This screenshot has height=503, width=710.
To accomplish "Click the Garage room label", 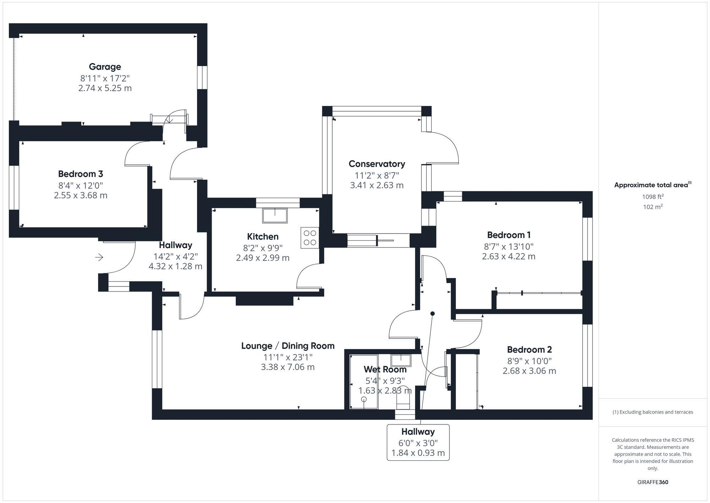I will coord(105,67).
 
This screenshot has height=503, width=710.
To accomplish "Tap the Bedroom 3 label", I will coord(81,174).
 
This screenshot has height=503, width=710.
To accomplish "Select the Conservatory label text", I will coord(377,164).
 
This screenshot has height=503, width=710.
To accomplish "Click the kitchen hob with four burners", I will coord(310,237).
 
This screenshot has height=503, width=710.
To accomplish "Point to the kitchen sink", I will coord(275,215).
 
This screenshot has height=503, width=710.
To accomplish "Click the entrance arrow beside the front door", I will coord(99,257).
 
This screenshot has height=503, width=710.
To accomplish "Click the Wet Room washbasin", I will coord(401,360).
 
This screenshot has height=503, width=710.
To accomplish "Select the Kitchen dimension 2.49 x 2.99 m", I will coord(263,258).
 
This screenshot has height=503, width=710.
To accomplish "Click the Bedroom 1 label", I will coord(509,235).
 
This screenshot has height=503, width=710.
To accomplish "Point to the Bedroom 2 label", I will coord(529,349).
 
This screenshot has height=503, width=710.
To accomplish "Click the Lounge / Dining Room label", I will coord(288,346).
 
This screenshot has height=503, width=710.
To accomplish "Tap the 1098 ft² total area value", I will coord(653,197).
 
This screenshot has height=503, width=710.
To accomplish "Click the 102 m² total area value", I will coord(653,207).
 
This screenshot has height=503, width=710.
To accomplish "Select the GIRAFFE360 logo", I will coord(652,482).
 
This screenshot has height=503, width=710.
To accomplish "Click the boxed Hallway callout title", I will coord(418,432).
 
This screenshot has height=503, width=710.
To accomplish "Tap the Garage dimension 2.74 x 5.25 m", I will coord(105,88).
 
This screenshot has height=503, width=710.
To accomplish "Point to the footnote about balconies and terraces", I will coord(652,412).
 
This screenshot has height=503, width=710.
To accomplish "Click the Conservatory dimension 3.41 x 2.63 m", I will coord(377,185).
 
